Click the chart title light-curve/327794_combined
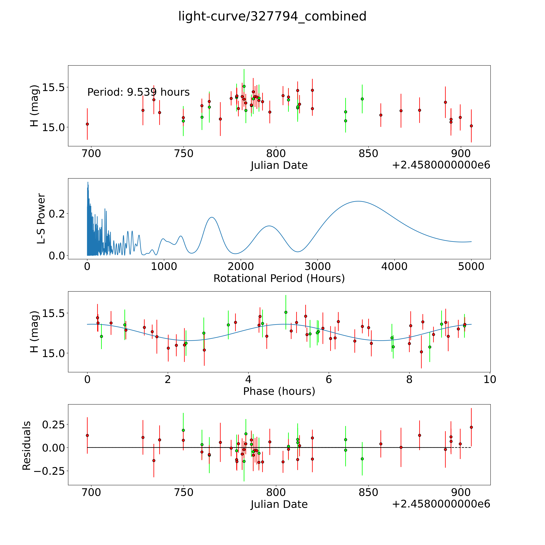pyautogui.click(x=272, y=16)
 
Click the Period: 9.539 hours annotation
pyautogui.click(x=138, y=92)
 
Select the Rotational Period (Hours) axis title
pyautogui.click(x=279, y=278)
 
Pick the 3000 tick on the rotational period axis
pyautogui.click(x=318, y=267)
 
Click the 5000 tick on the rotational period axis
pyautogui.click(x=471, y=267)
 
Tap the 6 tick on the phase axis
pyautogui.click(x=329, y=379)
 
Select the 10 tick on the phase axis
pyautogui.click(x=490, y=379)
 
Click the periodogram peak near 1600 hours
pyautogui.click(x=212, y=217)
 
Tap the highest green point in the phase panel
pyautogui.click(x=286, y=312)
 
